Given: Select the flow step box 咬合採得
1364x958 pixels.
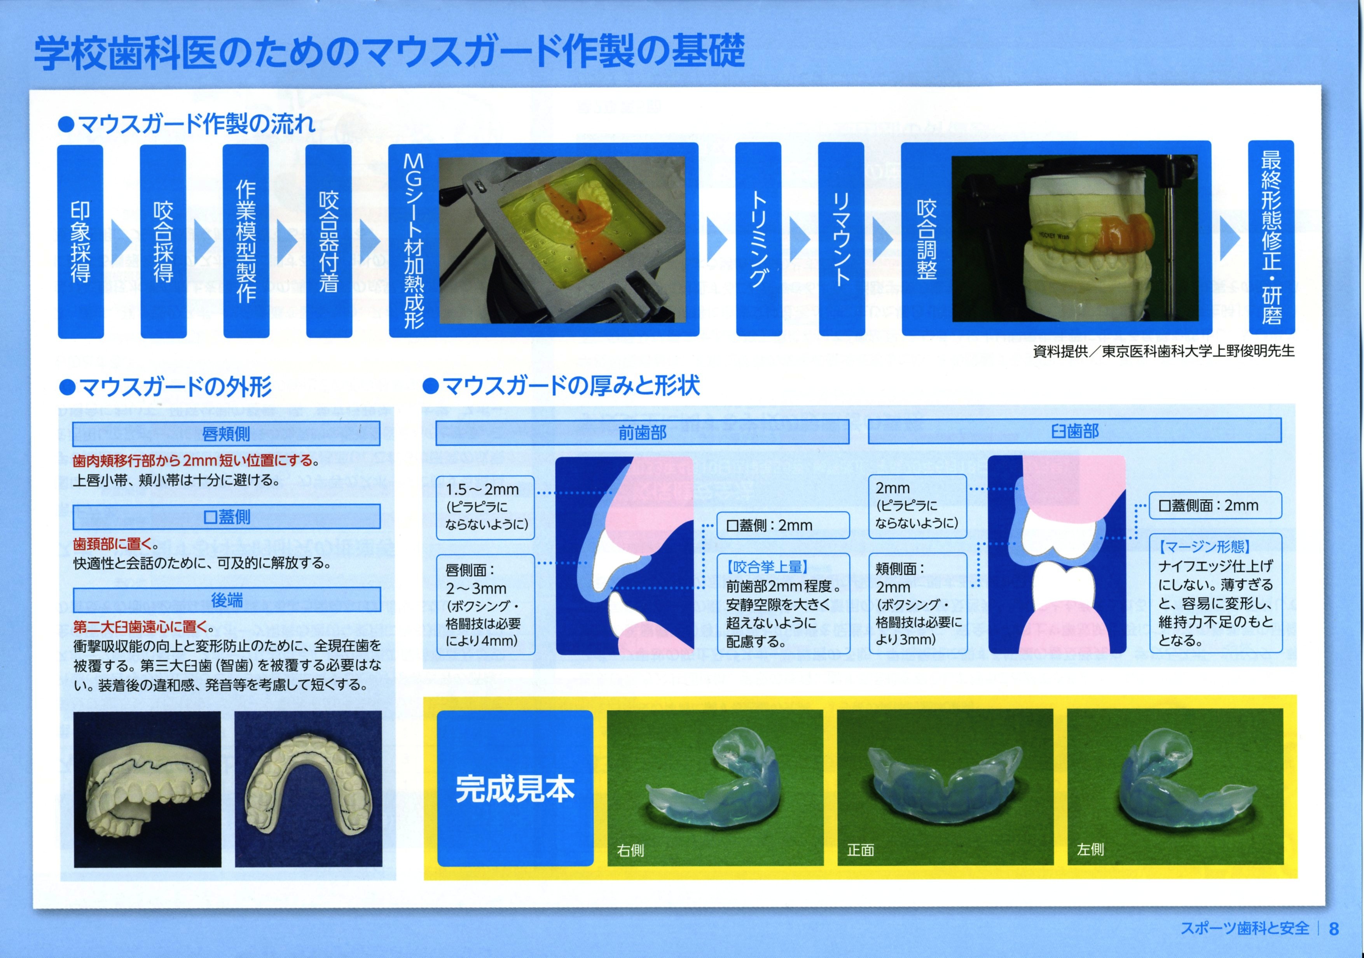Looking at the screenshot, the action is click(x=163, y=241).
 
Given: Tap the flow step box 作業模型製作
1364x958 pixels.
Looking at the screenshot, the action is click(x=246, y=241).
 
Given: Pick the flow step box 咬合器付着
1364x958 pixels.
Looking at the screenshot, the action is click(x=328, y=241).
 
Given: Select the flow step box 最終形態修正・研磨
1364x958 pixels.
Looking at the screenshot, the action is click(x=1271, y=238).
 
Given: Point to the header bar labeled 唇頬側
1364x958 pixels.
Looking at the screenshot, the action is click(x=226, y=434).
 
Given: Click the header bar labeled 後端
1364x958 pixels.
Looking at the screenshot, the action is click(x=226, y=600).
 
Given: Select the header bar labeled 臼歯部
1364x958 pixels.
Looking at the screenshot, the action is click(x=1075, y=430).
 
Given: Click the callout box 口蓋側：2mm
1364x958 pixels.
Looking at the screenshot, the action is click(x=783, y=525).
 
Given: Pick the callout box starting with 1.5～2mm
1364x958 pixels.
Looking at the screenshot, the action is click(x=486, y=508).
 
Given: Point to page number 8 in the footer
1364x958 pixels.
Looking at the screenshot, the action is click(x=1334, y=928).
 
